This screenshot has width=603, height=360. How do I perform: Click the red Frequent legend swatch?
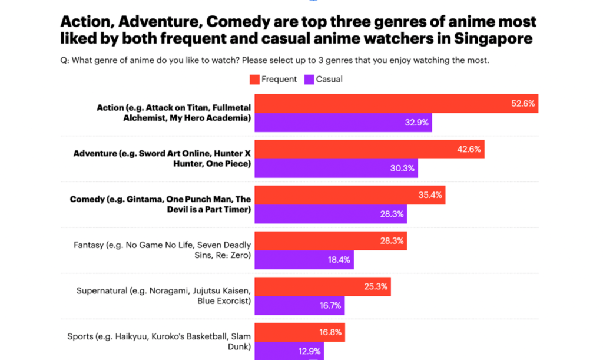pyautogui.click(x=254, y=79)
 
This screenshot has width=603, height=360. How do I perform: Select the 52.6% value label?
pyautogui.click(x=523, y=103)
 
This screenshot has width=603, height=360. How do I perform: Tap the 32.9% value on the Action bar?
pyautogui.click(x=416, y=123)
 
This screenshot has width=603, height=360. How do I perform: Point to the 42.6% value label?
pyautogui.click(x=469, y=149)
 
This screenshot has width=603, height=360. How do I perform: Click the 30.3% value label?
pyautogui.click(x=403, y=168)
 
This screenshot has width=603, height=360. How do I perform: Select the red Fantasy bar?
pyautogui.click(x=330, y=240)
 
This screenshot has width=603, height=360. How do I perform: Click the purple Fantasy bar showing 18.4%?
pyautogui.click(x=303, y=259)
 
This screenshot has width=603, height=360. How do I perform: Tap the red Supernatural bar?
pyautogui.click(x=322, y=287)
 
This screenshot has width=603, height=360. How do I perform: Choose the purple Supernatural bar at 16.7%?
pyautogui.click(x=299, y=305)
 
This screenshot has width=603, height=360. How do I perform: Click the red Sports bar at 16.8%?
pyautogui.click(x=299, y=332)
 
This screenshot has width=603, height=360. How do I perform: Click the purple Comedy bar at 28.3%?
pyautogui.click(x=330, y=214)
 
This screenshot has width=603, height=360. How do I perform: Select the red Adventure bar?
pyautogui.click(x=369, y=149)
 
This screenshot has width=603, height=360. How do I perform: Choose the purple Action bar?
pyautogui.click(x=343, y=123)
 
